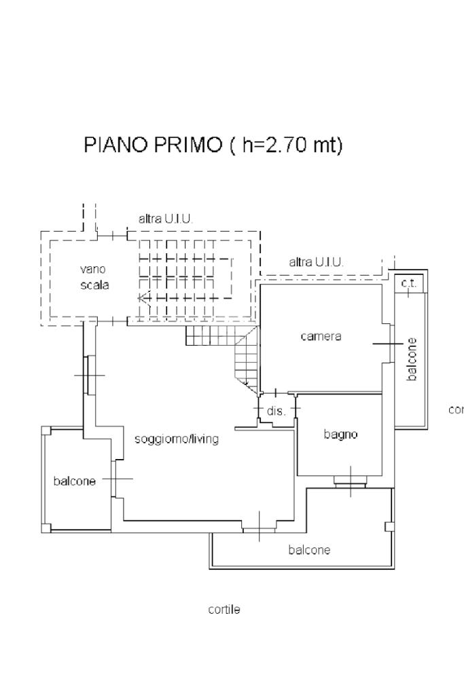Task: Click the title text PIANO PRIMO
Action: point(153,145)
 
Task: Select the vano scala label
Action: point(94,277)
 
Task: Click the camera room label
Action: point(321,337)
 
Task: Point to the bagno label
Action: point(340,435)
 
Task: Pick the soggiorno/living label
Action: point(177,439)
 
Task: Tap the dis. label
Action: point(276,411)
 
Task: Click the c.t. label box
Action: point(409,283)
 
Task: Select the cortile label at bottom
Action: point(224,610)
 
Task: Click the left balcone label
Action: point(74,481)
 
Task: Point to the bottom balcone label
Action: point(309,550)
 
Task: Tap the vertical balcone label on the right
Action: point(412,359)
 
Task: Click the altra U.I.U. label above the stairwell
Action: point(166,219)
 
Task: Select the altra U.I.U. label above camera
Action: point(316,261)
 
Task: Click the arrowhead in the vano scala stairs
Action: point(142,297)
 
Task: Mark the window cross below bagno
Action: point(351,481)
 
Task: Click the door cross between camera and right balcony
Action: point(387,344)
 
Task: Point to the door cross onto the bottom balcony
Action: point(260,527)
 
